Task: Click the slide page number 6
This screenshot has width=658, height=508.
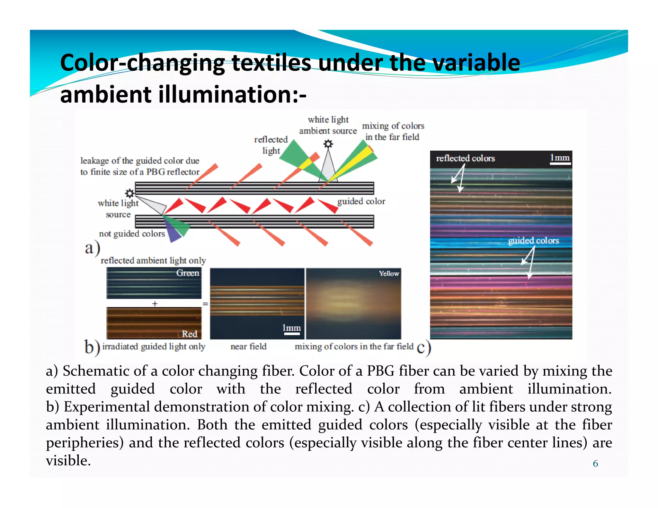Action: [x=595, y=463]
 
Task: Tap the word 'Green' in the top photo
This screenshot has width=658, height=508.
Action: [x=188, y=273]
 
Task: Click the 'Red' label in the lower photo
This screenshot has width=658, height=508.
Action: [x=190, y=334]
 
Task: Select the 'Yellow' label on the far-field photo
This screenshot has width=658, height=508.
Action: [x=389, y=274]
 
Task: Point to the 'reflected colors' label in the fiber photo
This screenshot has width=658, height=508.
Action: [x=465, y=158]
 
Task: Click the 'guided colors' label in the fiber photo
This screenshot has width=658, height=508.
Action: [x=533, y=241]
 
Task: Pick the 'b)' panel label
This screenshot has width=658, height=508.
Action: [x=92, y=347]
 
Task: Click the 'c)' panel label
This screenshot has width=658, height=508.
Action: [x=424, y=347]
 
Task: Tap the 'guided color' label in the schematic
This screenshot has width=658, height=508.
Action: [x=361, y=201]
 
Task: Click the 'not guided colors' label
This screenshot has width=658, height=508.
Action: [x=132, y=234]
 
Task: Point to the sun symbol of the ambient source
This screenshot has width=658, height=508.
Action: [x=328, y=144]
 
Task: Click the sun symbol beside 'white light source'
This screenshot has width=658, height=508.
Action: [x=130, y=193]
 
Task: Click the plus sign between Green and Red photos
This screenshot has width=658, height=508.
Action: [x=155, y=303]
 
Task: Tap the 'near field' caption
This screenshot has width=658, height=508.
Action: [x=248, y=346]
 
